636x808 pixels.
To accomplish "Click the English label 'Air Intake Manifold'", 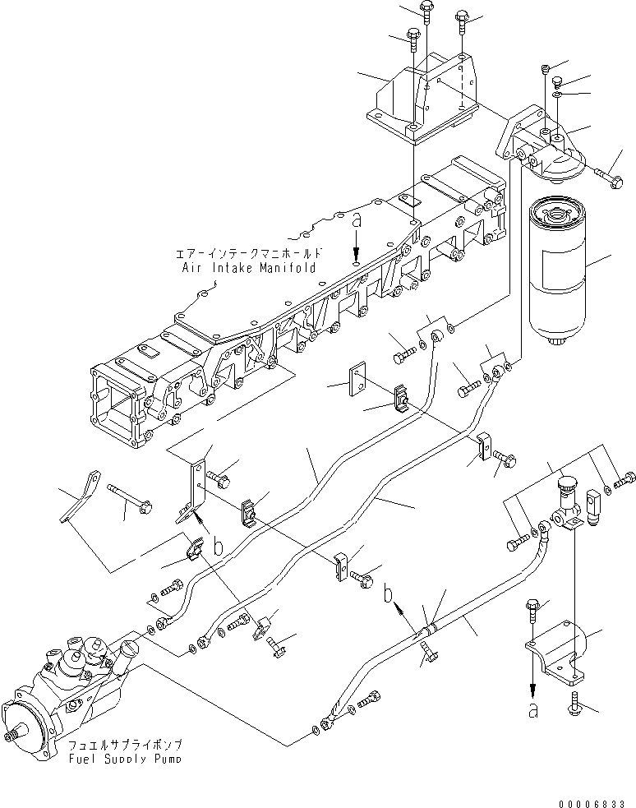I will (251, 268).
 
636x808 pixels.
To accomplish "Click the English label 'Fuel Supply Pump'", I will (126, 758).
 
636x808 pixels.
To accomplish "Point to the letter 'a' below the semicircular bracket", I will (533, 710).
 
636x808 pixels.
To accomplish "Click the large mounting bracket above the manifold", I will (423, 99).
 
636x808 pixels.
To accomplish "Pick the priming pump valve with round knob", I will (568, 506).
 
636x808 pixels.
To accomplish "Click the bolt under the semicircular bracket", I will (573, 704).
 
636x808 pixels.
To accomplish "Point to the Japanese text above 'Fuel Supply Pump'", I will (126, 744).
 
